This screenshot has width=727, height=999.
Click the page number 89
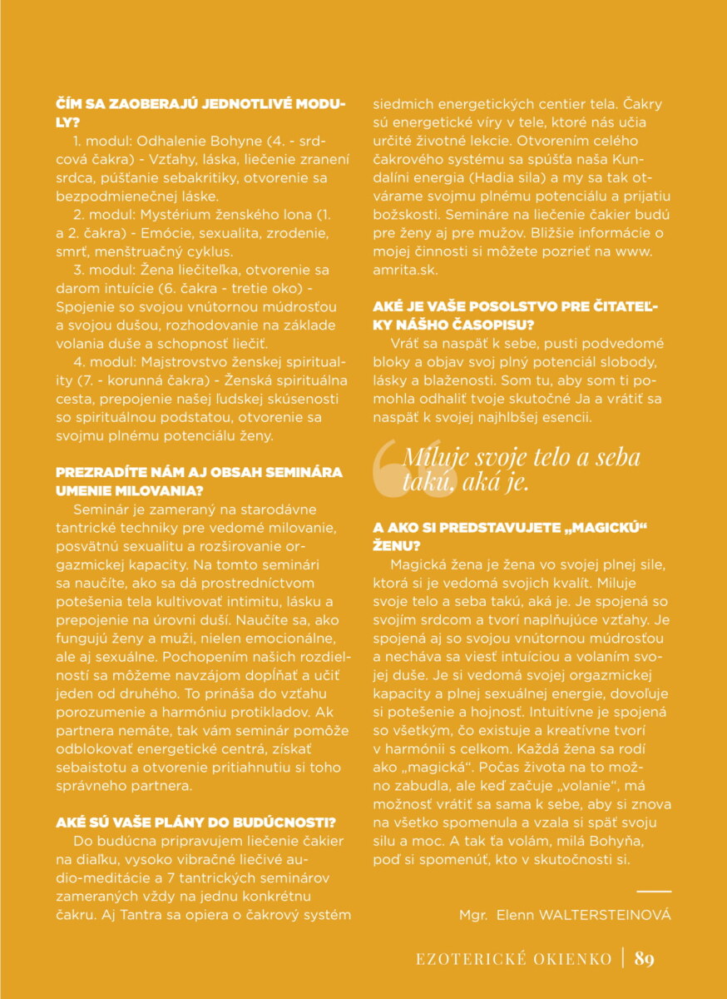[645, 958]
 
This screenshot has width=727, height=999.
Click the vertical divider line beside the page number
[623, 958]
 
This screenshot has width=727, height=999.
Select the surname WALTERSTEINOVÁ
[596, 915]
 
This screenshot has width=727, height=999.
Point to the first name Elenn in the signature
[515, 915]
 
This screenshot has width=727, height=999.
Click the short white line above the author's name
[654, 892]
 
